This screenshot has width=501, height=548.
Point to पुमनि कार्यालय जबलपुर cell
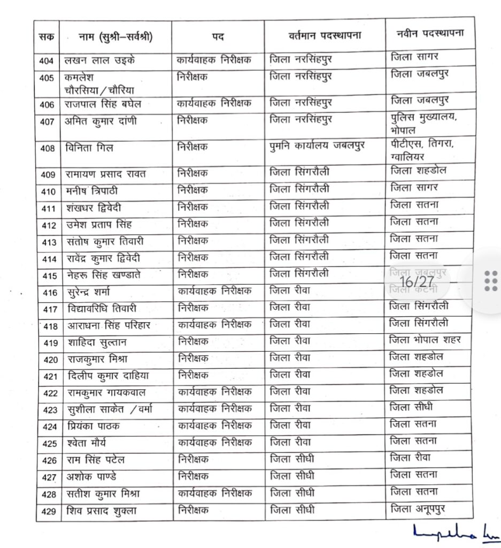(317, 146)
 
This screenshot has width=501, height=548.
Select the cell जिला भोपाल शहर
(426, 340)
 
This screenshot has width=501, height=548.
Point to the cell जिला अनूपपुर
(422, 509)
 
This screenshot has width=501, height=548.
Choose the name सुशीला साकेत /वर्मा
(109, 410)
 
